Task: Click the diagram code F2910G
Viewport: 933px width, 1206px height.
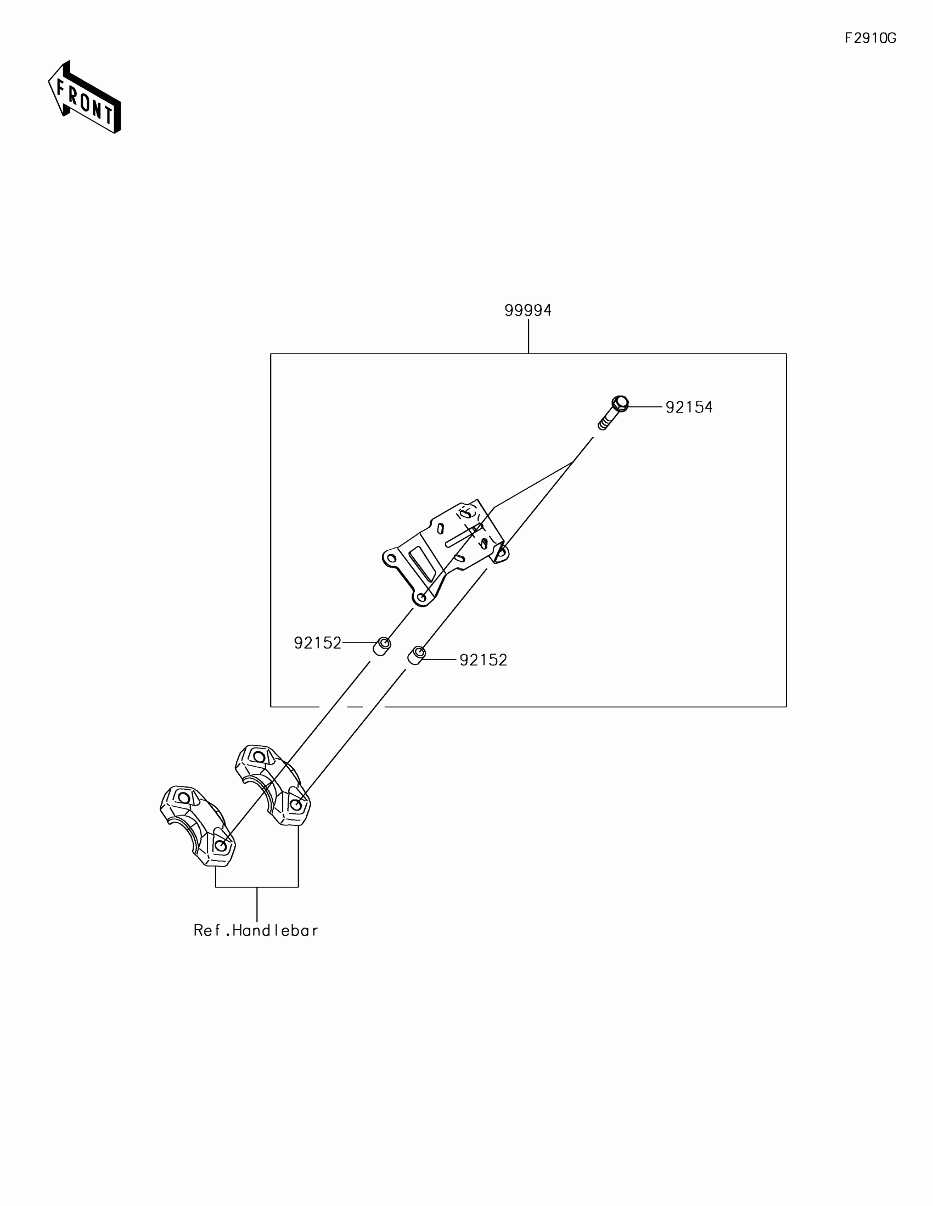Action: (x=870, y=38)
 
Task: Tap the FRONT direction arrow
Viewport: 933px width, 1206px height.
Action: (x=85, y=98)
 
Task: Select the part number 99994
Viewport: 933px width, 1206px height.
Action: (x=527, y=311)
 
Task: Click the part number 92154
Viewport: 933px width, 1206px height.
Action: (x=689, y=407)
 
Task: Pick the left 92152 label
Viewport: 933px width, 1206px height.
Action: (x=317, y=643)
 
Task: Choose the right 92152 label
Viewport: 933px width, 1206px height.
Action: (x=483, y=660)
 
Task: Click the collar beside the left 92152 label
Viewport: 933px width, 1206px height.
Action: (x=382, y=646)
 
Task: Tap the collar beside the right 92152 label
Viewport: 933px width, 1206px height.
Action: (x=416, y=656)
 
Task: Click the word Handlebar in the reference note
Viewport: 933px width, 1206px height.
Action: (x=275, y=931)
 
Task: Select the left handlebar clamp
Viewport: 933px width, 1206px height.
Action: (x=198, y=825)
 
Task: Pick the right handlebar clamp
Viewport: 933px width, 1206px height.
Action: (x=273, y=785)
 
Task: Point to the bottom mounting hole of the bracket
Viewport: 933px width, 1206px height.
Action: (x=422, y=598)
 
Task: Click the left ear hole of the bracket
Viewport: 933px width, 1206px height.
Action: (x=392, y=559)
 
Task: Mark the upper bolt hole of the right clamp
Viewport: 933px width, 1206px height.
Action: (x=258, y=757)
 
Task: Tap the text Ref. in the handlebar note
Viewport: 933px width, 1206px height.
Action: (x=207, y=931)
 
